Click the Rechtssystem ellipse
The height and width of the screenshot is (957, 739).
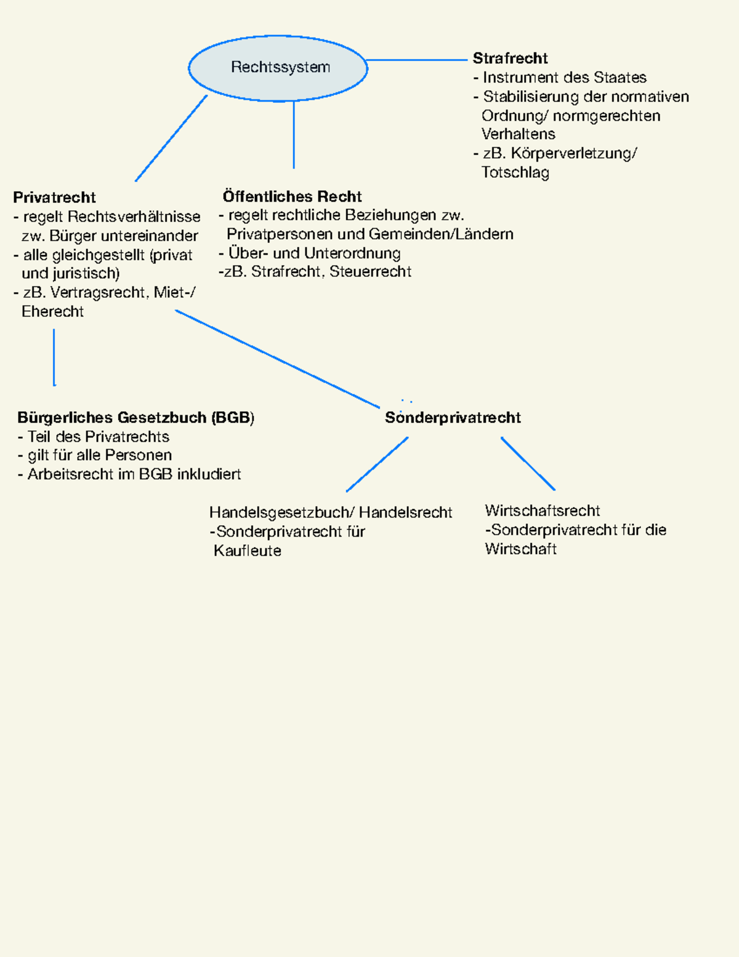pos(278,68)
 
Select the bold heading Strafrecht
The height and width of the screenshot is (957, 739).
pos(510,59)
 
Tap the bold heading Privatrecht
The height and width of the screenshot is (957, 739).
pos(54,197)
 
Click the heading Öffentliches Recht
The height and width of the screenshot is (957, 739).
pos(292,197)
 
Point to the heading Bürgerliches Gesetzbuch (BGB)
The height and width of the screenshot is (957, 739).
pos(135,418)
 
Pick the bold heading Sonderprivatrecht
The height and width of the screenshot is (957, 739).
pos(453,418)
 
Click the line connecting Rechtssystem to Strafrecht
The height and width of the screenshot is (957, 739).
pos(417,60)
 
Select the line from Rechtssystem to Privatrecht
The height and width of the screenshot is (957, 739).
pos(171,138)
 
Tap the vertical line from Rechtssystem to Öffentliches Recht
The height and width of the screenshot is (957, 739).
pos(294,134)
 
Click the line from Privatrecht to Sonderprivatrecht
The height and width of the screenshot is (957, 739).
pos(277,359)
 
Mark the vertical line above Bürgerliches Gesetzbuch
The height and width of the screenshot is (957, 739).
pos(54,357)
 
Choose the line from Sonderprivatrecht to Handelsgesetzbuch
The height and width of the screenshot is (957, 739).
pos(377,465)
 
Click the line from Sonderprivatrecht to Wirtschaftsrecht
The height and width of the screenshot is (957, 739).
pos(528,463)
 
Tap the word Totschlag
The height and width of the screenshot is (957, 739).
pos(515,173)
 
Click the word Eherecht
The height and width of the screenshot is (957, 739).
pos(53,312)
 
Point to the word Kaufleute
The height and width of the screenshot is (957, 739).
pos(248,551)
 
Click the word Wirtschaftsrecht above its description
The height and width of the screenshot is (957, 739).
pos(542,511)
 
